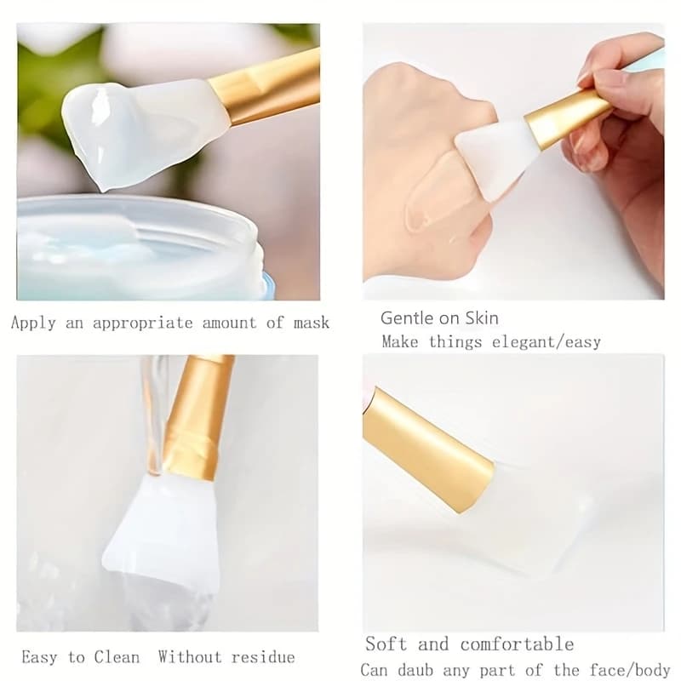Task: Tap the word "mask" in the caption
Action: [311, 323]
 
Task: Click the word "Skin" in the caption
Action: [482, 318]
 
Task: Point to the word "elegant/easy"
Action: [547, 342]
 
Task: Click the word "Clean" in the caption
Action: [117, 656]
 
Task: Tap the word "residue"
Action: [263, 656]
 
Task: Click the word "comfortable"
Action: [518, 644]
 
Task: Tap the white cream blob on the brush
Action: [104, 130]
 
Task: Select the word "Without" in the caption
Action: [190, 656]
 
